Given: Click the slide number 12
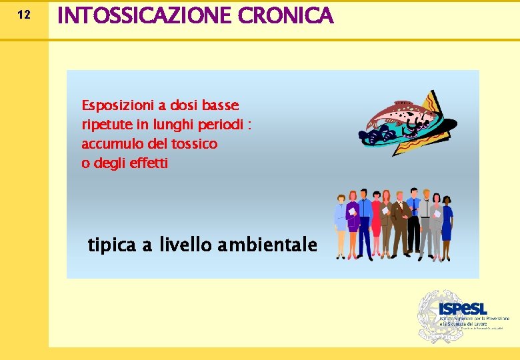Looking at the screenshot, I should pos(23,15).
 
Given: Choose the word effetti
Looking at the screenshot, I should pos(150,163).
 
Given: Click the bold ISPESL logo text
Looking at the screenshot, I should pos(463,309).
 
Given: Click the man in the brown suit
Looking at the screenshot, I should pos(400,223).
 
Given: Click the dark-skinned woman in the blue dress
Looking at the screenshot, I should pos(447,223).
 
